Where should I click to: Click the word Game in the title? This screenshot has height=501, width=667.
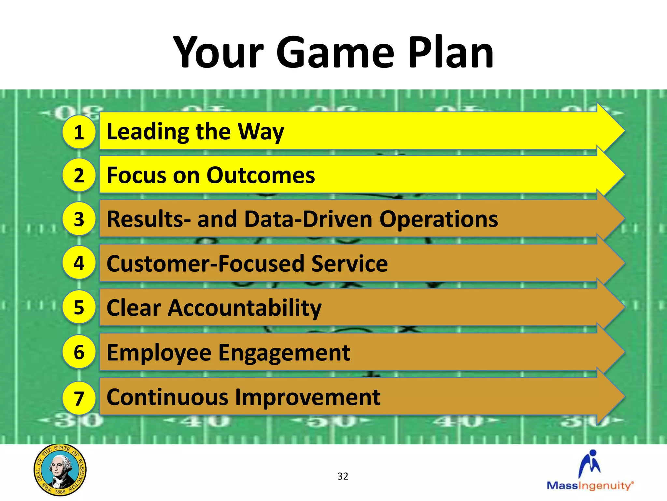point(335,53)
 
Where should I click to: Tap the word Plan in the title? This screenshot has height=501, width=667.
point(451,53)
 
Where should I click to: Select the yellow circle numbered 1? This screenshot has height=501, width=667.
point(79,132)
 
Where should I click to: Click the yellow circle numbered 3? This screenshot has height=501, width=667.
point(79,219)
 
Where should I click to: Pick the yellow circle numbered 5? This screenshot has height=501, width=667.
point(79,307)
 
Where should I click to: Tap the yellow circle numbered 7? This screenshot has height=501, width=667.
point(79,398)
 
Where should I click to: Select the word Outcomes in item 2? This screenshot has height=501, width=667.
point(261,175)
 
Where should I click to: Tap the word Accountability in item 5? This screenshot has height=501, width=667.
point(244,308)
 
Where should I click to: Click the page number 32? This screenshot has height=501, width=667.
point(343,476)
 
